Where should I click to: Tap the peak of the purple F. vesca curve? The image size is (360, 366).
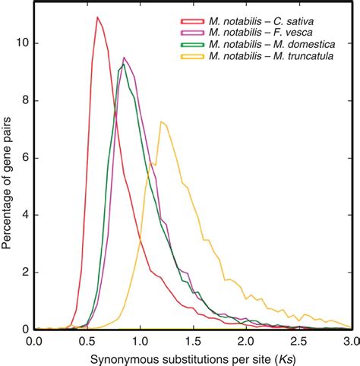click(x=125, y=57)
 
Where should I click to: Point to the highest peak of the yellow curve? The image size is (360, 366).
click(x=161, y=121)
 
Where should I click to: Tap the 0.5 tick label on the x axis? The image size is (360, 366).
click(x=86, y=342)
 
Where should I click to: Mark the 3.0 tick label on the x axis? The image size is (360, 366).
click(x=349, y=342)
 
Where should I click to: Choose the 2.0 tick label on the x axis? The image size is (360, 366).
click(x=246, y=342)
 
